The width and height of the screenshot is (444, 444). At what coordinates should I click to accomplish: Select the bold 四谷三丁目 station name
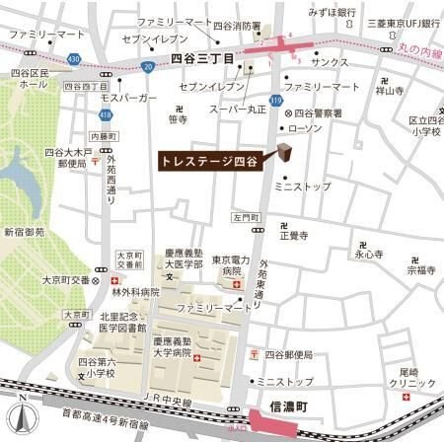coord(203,59)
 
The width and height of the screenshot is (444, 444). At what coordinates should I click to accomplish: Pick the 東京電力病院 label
coord(228,266)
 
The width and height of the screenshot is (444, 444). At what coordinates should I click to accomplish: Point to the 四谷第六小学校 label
coord(99,367)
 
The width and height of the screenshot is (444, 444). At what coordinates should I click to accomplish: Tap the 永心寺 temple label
coord(368,254)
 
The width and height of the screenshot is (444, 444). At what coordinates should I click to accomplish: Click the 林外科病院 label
coord(135,292)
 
